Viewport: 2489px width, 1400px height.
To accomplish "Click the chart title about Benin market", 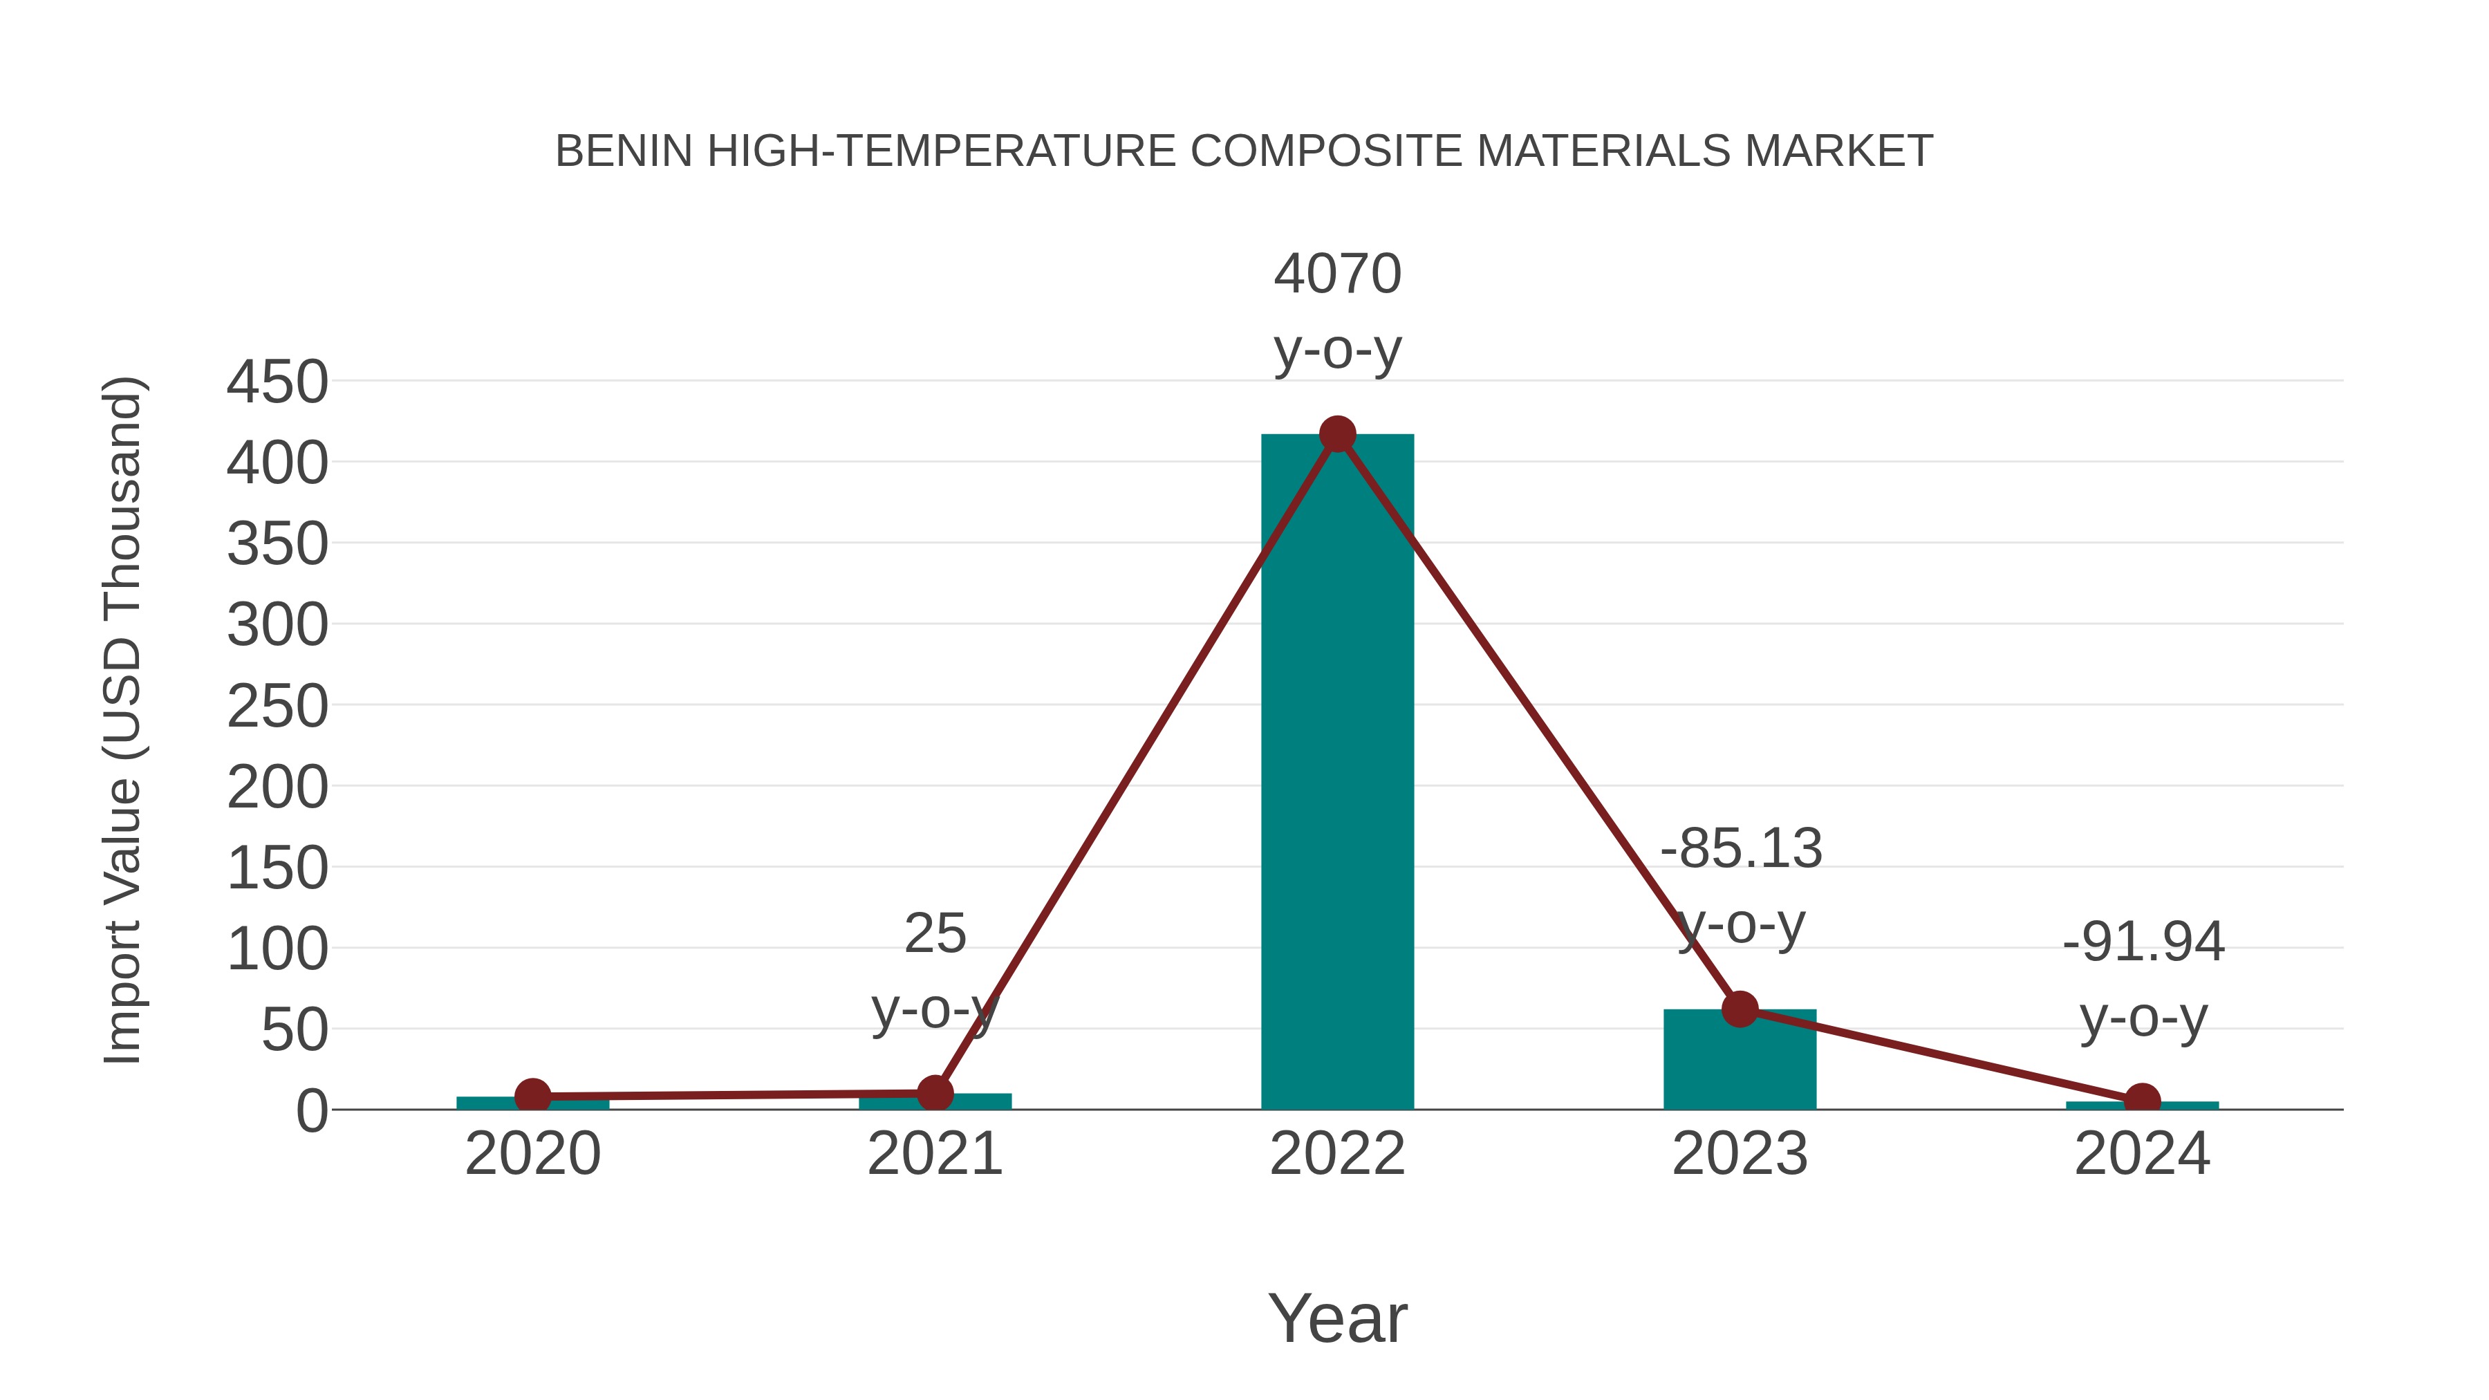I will (x=1244, y=151).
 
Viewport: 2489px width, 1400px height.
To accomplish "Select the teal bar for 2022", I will (x=1337, y=773).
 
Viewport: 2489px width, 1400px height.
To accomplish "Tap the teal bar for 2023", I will (x=1740, y=1063).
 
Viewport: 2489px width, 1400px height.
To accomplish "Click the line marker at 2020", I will (x=532, y=1096).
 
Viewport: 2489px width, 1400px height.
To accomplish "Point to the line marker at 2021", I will (x=934, y=1093).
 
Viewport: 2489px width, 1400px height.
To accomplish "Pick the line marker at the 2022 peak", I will (x=1337, y=435).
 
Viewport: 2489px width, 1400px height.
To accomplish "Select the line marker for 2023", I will (x=1740, y=1009).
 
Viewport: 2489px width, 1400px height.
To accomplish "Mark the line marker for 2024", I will (x=2142, y=1101).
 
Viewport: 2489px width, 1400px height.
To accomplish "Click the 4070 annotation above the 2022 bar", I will (x=1337, y=274).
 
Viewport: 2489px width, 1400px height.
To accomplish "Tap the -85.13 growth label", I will (x=1740, y=849).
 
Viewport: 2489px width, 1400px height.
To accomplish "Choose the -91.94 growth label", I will (x=2143, y=942).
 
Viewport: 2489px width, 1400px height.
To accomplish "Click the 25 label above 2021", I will (x=934, y=934).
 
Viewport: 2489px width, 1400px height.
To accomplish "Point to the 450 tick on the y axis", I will (x=277, y=382).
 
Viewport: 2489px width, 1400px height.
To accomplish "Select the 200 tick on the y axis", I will (x=277, y=788).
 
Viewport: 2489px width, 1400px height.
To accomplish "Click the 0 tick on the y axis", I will (x=311, y=1111).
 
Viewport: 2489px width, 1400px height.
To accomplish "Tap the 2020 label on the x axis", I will (x=532, y=1155).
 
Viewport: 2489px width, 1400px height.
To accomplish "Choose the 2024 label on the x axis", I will (x=2142, y=1155).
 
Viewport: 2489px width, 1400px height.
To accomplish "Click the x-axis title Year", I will (x=1337, y=1319).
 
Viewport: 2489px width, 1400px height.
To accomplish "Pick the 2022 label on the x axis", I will (x=1337, y=1155).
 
